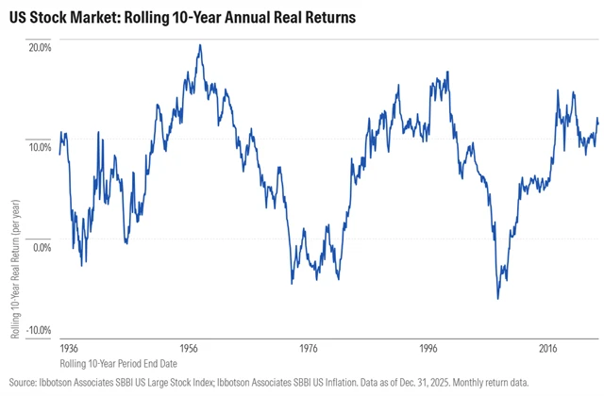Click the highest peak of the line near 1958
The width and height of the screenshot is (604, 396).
[199, 45]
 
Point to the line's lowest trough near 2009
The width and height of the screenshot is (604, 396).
[497, 298]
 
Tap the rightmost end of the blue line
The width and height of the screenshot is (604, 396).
[598, 122]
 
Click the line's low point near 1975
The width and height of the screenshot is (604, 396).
[292, 283]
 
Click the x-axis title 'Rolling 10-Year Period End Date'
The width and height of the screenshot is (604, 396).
[117, 362]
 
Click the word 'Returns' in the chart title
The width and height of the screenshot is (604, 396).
[326, 18]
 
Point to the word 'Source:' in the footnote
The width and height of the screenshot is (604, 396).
[23, 381]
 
